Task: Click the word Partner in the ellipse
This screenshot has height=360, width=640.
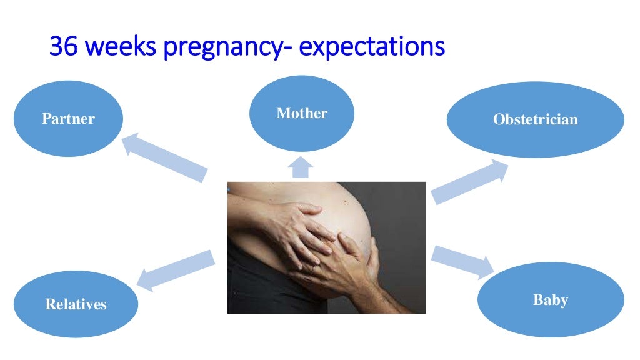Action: coord(68,119)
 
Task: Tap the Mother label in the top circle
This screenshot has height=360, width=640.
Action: coord(302,113)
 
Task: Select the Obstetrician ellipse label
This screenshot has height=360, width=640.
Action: coord(535,119)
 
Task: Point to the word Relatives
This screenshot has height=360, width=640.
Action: coord(76,304)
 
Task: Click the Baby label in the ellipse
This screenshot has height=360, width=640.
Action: coord(550,300)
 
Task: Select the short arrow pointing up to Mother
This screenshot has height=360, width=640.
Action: coord(301,167)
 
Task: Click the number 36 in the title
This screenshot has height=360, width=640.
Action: coord(63,46)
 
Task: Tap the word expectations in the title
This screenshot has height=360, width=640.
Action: coord(372,47)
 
